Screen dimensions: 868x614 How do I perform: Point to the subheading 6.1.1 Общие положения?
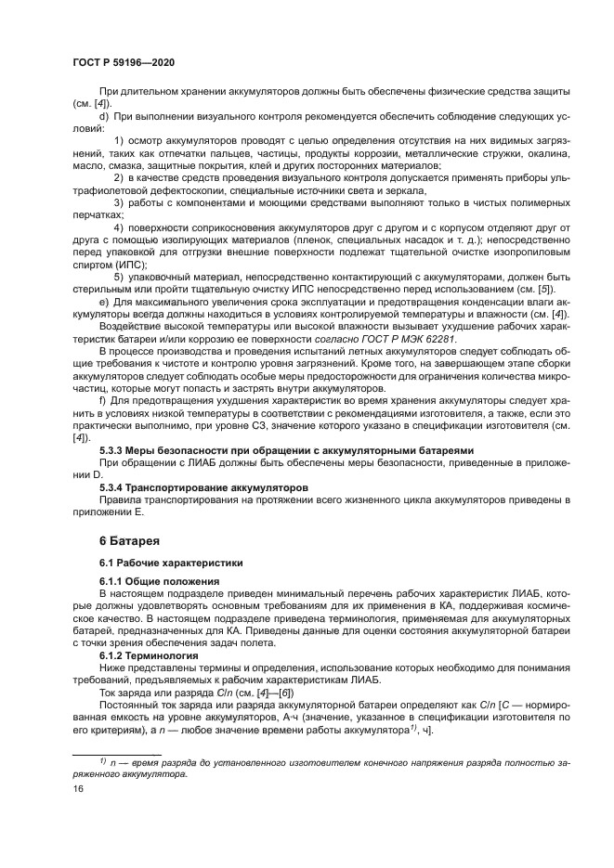154,581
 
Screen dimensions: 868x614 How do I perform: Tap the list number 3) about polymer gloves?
119,201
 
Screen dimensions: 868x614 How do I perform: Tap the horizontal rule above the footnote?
116,753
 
